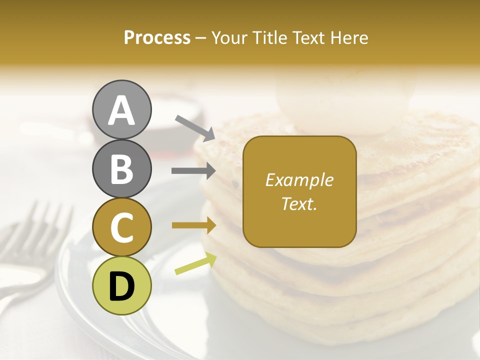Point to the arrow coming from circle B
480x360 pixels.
coord(193,171)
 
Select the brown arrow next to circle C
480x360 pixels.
coord(193,225)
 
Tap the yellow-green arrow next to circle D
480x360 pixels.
coord(195,263)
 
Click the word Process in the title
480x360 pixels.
coord(157,37)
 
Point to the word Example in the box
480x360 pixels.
coord(299,180)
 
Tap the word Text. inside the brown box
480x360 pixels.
coord(299,203)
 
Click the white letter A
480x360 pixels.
coord(122,110)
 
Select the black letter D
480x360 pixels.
coord(122,286)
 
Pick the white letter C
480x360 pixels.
coord(122,227)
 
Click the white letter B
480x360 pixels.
coord(122,169)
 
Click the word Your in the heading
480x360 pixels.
coord(229,37)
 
